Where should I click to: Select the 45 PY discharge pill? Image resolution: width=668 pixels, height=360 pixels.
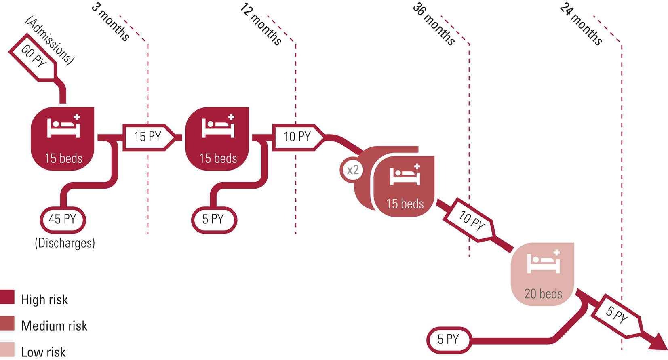(63, 219)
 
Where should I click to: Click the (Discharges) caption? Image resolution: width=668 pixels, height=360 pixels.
(65, 243)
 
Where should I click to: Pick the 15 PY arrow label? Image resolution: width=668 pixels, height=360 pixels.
(148, 137)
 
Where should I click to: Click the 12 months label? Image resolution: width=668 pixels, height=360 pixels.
(261, 24)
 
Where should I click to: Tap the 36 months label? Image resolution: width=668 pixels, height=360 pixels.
(434, 24)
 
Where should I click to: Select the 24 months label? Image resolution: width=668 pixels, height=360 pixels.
(581, 24)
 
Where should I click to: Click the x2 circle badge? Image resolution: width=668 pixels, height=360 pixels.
(352, 170)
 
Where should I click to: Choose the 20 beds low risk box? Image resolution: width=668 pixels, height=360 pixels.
(543, 274)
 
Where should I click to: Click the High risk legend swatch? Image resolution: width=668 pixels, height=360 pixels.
(7, 297)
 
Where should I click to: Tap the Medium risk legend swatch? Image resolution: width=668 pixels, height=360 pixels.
(7, 324)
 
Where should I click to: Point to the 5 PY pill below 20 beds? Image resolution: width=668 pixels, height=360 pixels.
(449, 340)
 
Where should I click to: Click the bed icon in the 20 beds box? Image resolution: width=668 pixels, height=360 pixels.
(544, 261)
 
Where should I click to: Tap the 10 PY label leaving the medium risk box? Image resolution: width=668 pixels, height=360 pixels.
(472, 221)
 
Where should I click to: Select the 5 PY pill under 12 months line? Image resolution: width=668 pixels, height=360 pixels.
(214, 219)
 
